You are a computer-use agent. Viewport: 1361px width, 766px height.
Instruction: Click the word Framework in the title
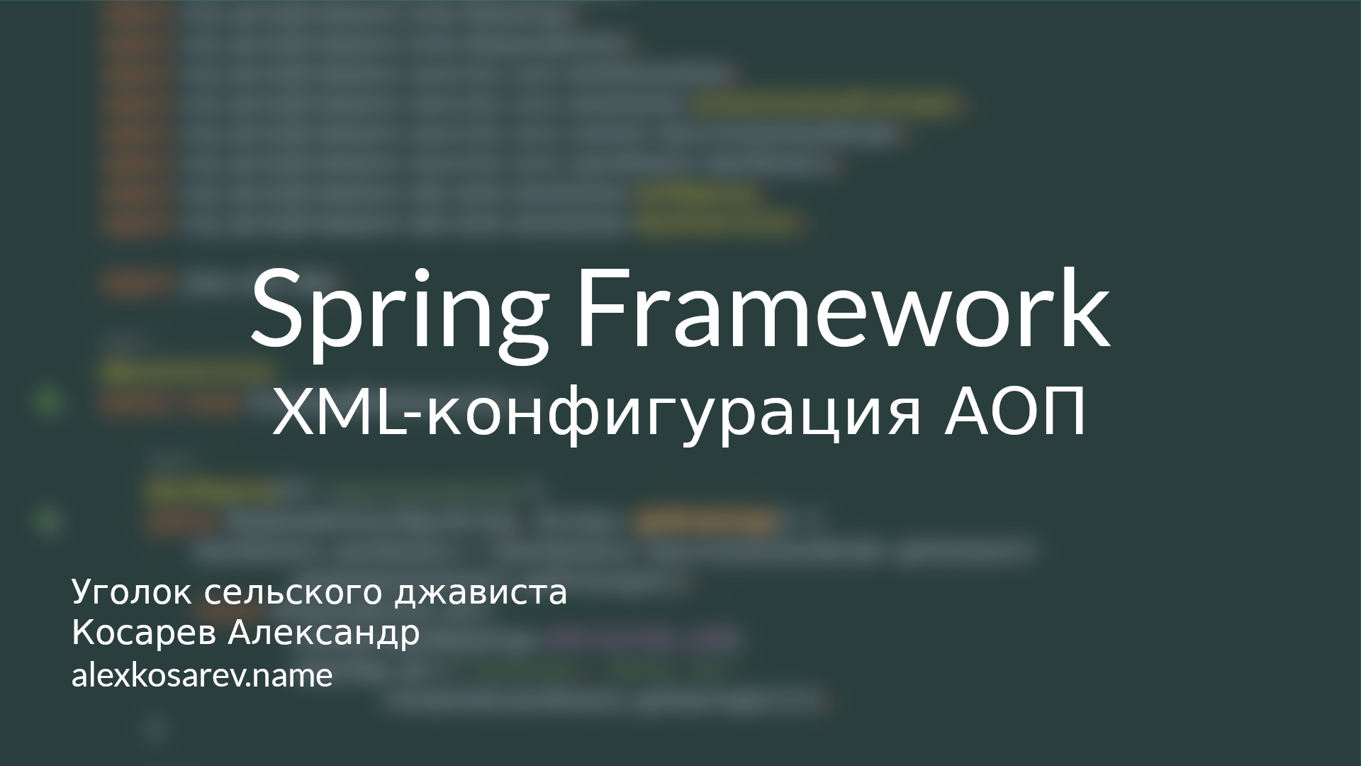pos(842,310)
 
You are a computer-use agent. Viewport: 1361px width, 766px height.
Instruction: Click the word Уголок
pos(131,593)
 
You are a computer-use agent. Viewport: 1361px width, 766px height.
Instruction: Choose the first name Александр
pos(324,633)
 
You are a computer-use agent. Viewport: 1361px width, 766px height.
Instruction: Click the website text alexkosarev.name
pos(201,676)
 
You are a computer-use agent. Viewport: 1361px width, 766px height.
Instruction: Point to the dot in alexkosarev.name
pos(248,685)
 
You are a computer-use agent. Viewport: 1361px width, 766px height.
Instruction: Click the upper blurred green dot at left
pos(47,402)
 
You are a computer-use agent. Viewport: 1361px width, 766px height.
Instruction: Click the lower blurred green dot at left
pos(47,521)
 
